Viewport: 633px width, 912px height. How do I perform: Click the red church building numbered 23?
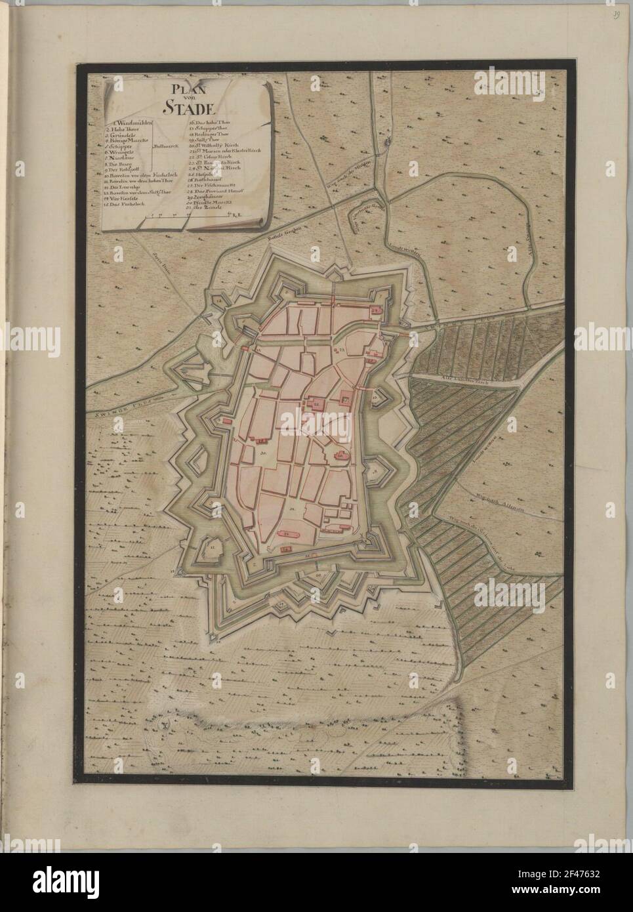tap(375, 310)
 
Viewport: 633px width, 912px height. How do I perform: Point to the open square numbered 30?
tap(264, 453)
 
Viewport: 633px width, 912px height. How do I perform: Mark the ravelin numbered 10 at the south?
tap(319, 575)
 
